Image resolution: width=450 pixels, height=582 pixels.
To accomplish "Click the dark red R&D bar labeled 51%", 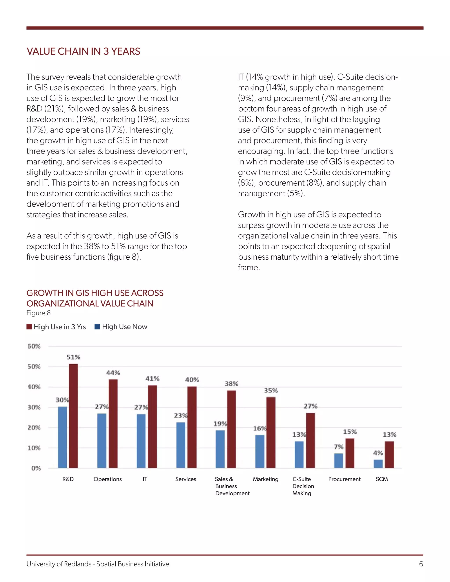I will [x=73, y=416].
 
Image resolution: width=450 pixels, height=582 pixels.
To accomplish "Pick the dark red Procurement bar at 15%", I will [x=350, y=453].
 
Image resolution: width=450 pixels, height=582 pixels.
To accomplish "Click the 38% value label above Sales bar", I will [x=231, y=384].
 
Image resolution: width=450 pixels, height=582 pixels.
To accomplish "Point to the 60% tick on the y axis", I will [x=34, y=346].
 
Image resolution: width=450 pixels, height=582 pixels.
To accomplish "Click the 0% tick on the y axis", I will [x=36, y=468].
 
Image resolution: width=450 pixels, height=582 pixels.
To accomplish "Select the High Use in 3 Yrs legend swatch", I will [x=29, y=327].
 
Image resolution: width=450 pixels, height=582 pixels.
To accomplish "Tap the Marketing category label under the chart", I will [x=265, y=479].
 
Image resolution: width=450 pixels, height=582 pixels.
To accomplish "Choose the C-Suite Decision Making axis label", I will [x=303, y=486].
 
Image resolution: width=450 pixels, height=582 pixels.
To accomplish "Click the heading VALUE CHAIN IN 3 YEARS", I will [x=83, y=51].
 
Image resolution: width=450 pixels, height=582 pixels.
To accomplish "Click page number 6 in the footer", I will [x=421, y=564].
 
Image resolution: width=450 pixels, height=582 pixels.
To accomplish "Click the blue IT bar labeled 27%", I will [x=141, y=441].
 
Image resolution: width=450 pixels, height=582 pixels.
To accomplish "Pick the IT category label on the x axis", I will [x=145, y=479].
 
